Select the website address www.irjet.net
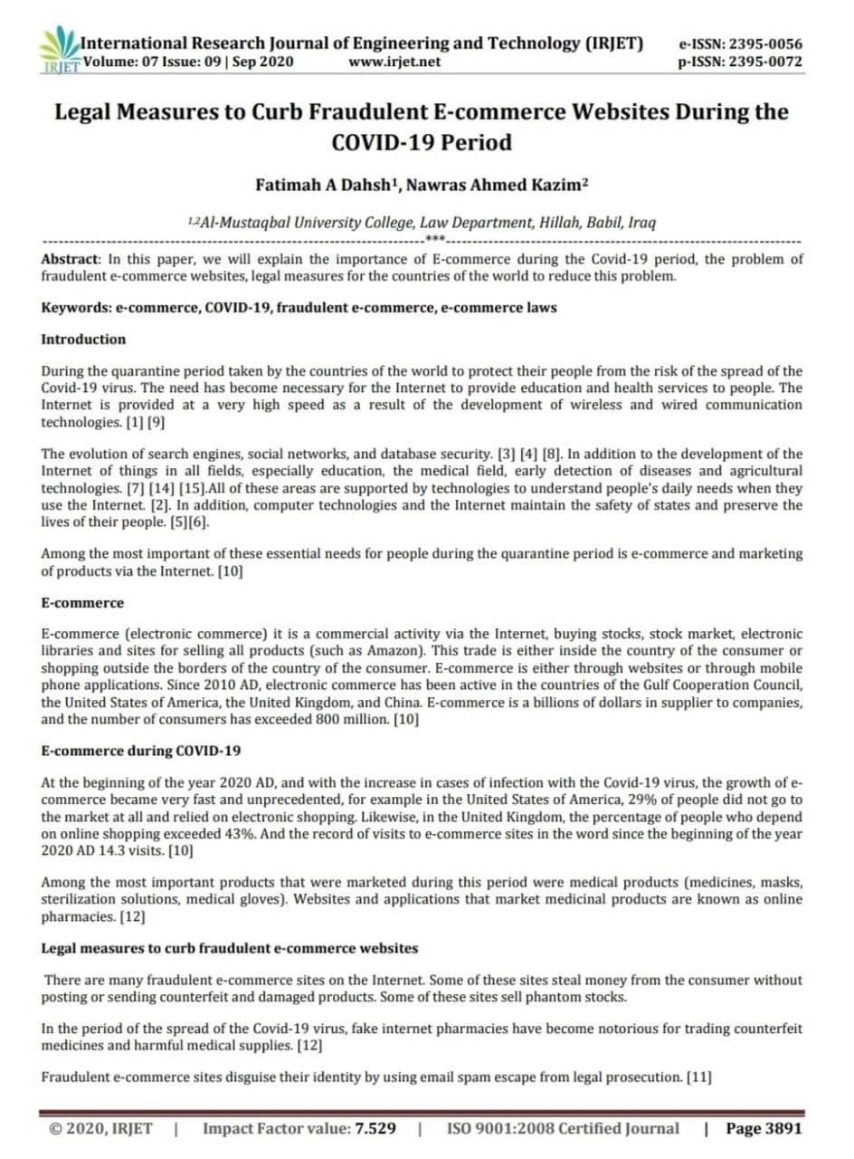394,62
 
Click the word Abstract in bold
71,259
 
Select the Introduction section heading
83,340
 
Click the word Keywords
75,308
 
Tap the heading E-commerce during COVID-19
140,751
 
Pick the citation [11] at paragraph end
698,1077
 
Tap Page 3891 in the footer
764,1129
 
